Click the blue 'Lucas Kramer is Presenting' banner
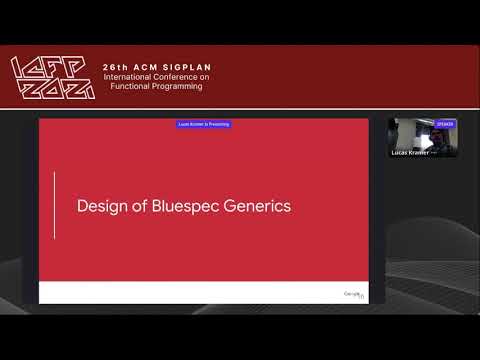[x=204, y=124]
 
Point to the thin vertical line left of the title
[x=55, y=205]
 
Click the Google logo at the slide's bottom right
[x=353, y=294]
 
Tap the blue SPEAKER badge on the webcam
[x=445, y=124]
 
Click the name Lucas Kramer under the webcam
[x=410, y=154]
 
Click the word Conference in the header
[x=183, y=78]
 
